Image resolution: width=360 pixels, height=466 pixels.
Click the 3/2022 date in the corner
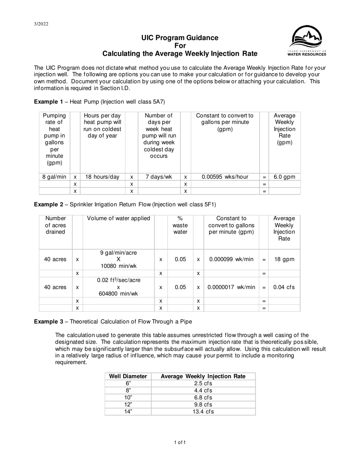click(41, 24)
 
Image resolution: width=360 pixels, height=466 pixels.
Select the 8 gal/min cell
click(54, 177)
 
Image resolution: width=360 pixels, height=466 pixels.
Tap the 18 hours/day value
click(102, 177)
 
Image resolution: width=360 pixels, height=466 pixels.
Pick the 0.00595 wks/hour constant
click(225, 177)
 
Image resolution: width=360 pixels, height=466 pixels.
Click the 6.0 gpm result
click(284, 177)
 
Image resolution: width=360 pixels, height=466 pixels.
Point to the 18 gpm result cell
click(284, 260)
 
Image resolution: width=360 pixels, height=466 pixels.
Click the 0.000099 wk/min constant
click(231, 260)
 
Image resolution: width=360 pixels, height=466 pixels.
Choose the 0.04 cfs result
click(284, 287)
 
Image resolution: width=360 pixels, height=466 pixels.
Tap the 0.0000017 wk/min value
click(231, 287)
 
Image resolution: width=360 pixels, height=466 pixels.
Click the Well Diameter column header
click(128, 376)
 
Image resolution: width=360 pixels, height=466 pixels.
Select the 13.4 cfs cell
click(203, 411)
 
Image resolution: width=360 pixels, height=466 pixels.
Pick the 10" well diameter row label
click(128, 397)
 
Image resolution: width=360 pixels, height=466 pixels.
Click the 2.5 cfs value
click(203, 383)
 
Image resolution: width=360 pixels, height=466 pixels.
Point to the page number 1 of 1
click(180, 442)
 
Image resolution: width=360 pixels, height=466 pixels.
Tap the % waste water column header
click(180, 225)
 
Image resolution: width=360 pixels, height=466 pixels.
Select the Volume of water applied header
click(119, 218)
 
